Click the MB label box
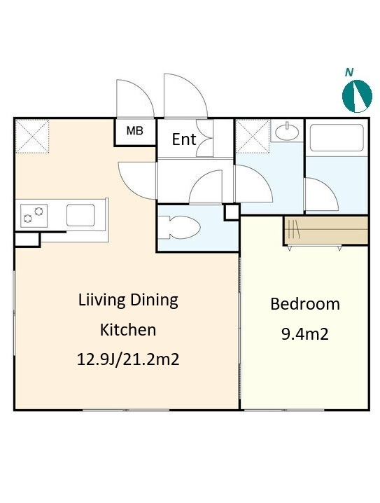click(135, 132)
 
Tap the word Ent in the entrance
click(184, 139)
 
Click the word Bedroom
click(305, 304)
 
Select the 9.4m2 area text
click(305, 334)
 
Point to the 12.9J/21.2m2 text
click(128, 359)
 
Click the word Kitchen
click(128, 330)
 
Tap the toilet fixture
click(179, 228)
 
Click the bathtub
click(337, 137)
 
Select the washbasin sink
click(287, 131)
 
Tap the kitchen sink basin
click(80, 215)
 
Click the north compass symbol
click(357, 96)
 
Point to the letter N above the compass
click(349, 72)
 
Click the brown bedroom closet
click(326, 230)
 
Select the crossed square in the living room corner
click(32, 137)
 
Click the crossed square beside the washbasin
click(253, 137)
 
